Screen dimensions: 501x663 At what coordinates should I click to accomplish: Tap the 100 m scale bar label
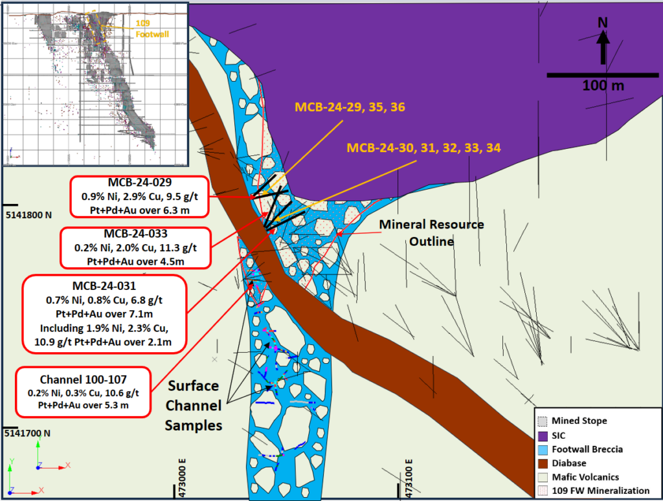click(x=603, y=85)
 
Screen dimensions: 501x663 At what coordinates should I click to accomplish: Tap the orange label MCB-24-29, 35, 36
click(x=350, y=107)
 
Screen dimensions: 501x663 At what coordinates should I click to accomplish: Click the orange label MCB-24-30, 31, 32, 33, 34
click(x=423, y=148)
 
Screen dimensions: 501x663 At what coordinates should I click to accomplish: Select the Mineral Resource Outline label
click(x=431, y=232)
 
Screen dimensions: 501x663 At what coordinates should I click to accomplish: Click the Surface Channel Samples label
click(x=193, y=405)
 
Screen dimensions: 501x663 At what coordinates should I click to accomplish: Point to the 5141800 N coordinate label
click(x=28, y=214)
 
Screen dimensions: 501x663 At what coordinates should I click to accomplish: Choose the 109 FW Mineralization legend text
click(x=603, y=491)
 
